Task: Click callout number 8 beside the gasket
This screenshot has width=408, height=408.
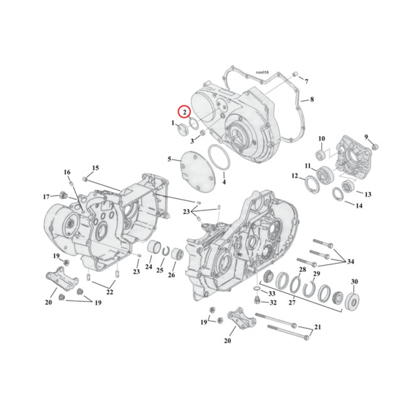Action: coord(312,99)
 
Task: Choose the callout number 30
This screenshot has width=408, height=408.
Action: coord(354,282)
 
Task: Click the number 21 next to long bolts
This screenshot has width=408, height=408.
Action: coord(318,326)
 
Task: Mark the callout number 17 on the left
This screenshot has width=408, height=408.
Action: coord(46,197)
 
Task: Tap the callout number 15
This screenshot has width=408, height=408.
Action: coord(95,168)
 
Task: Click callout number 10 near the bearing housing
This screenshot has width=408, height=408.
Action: coord(321,138)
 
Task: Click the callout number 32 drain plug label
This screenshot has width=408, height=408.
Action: coord(273,302)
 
